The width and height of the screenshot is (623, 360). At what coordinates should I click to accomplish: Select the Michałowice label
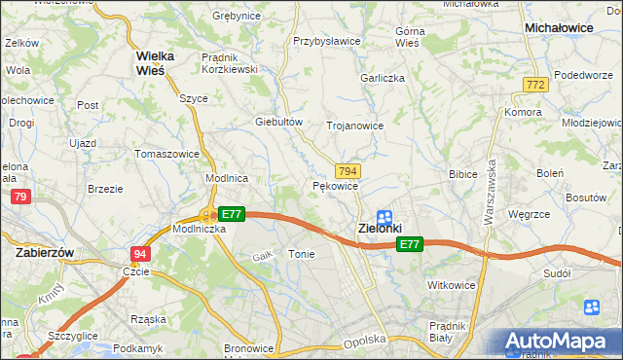coord(559,28)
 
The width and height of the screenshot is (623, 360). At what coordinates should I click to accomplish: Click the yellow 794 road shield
coord(348,170)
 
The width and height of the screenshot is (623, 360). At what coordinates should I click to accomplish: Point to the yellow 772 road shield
coord(534,86)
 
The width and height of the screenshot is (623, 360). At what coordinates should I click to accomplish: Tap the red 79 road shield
coord(19,198)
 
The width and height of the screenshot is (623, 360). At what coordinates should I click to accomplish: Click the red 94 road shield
coord(139,253)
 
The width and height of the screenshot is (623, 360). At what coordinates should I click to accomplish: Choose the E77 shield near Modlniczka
coord(231,214)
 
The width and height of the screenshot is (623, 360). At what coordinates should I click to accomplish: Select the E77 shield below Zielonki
coord(410,246)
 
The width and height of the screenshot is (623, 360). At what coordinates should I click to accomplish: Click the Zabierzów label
coord(46,251)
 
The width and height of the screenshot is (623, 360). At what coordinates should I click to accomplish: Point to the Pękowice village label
coord(336,186)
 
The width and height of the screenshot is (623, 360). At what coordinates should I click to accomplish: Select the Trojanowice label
coord(354,126)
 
